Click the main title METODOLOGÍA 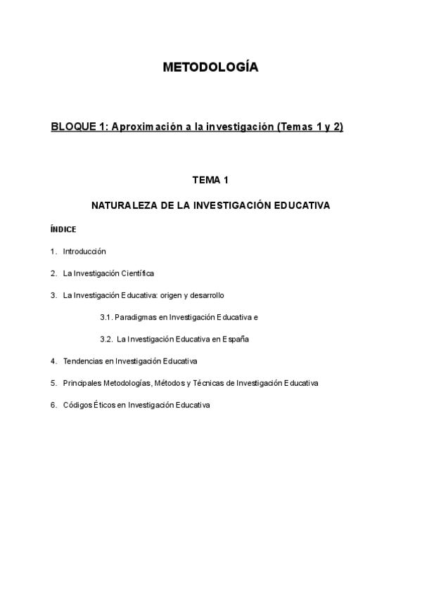point(210,67)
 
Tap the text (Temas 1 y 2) point(310,127)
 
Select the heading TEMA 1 point(210,181)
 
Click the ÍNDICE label point(63,229)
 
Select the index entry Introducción point(84,251)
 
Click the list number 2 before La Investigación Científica point(53,273)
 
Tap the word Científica point(137,273)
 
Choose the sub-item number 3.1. point(106,317)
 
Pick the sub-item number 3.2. point(106,339)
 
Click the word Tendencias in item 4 point(82,361)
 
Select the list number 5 point(53,383)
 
